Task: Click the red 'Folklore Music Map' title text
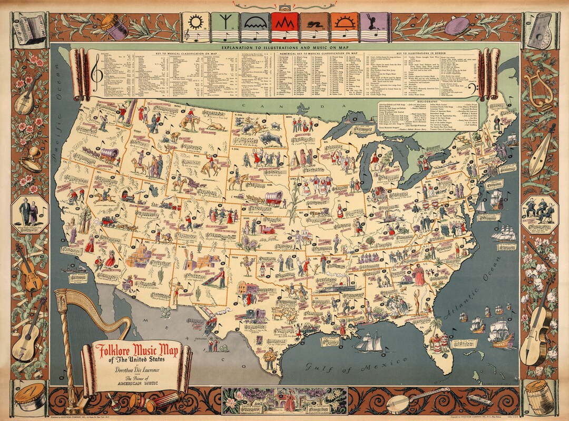point(136,349)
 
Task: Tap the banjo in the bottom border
point(416,400)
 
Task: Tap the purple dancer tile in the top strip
point(374,23)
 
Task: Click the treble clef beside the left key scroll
point(96,75)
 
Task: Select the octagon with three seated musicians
point(538,213)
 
